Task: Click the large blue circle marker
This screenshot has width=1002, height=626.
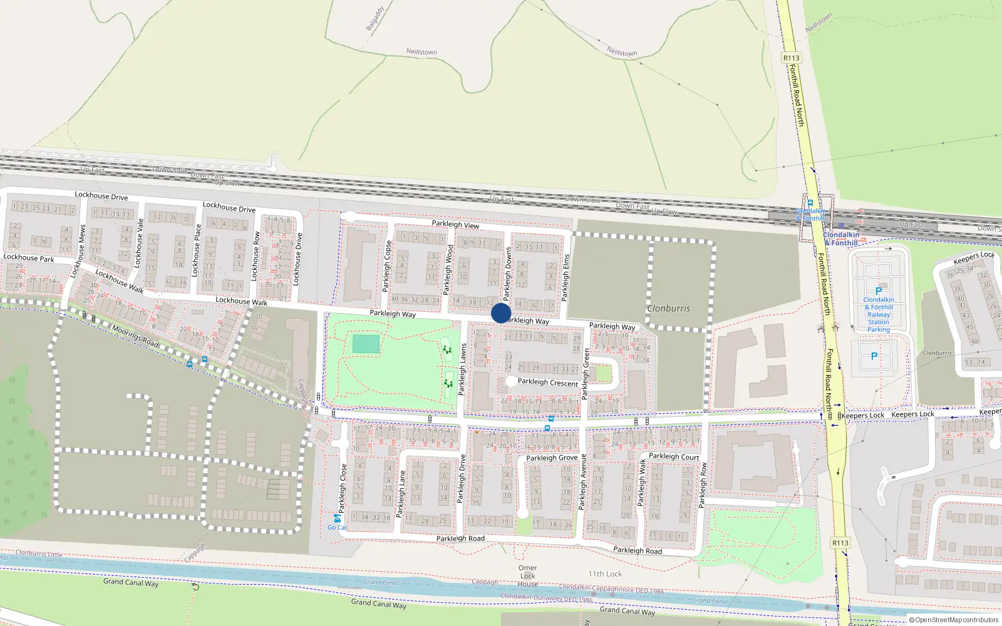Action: click(501, 313)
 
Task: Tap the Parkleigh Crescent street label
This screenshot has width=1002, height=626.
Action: click(547, 382)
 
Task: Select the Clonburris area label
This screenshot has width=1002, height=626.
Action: click(669, 309)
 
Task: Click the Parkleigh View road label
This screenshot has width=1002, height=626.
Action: click(455, 224)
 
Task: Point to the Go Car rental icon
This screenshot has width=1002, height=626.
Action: click(337, 519)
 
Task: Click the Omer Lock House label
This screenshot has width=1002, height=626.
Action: click(527, 576)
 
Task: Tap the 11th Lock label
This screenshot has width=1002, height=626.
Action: click(605, 573)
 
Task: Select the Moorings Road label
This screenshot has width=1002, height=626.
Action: click(135, 336)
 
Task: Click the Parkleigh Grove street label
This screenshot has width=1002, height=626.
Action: click(552, 458)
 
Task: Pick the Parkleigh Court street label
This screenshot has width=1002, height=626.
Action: click(674, 456)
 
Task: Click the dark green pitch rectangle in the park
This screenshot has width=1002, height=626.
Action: click(366, 344)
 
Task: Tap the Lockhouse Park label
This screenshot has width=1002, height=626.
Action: click(29, 257)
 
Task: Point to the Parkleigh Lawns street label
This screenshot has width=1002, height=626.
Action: click(462, 369)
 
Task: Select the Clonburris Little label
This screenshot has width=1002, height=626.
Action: click(39, 554)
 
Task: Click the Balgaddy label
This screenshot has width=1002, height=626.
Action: click(374, 19)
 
